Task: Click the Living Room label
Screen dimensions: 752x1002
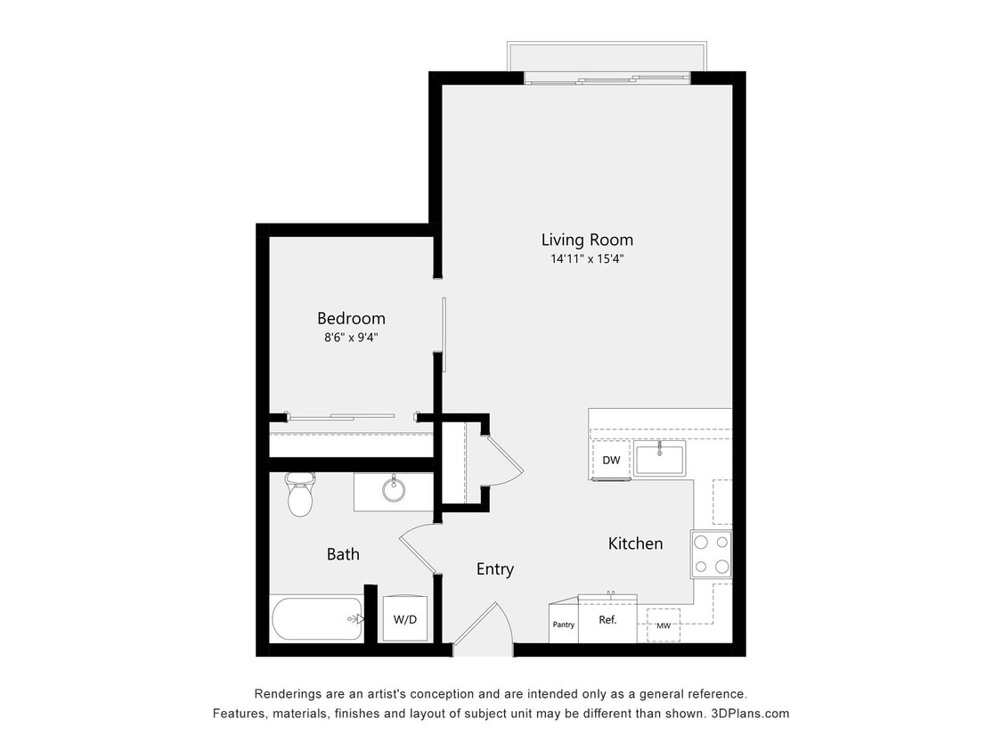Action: [x=587, y=240]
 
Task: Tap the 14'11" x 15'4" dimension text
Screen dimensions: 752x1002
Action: [x=587, y=260]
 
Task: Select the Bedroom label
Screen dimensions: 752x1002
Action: [x=351, y=318]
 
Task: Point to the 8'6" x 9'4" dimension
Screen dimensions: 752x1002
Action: [x=351, y=338]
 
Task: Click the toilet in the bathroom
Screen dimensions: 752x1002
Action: [x=300, y=495]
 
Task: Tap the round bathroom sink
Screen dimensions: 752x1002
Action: [x=393, y=489]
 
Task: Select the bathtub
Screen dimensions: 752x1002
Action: [x=317, y=618]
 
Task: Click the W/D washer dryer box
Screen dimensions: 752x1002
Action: [x=405, y=618]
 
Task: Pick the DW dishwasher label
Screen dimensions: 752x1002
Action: [x=611, y=461]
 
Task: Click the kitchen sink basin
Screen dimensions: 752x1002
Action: [x=659, y=460]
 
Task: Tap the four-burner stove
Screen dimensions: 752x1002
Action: [x=712, y=553]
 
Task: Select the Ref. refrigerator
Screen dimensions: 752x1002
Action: [x=607, y=619]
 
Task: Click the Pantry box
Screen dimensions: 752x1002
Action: [x=564, y=625]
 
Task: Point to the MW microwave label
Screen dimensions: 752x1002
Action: [x=664, y=626]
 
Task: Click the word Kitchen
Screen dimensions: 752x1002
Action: [x=635, y=544]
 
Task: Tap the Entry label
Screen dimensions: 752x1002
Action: [x=494, y=569]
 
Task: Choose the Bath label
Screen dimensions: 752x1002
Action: [x=343, y=554]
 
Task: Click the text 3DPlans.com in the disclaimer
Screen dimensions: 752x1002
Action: [x=750, y=714]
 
